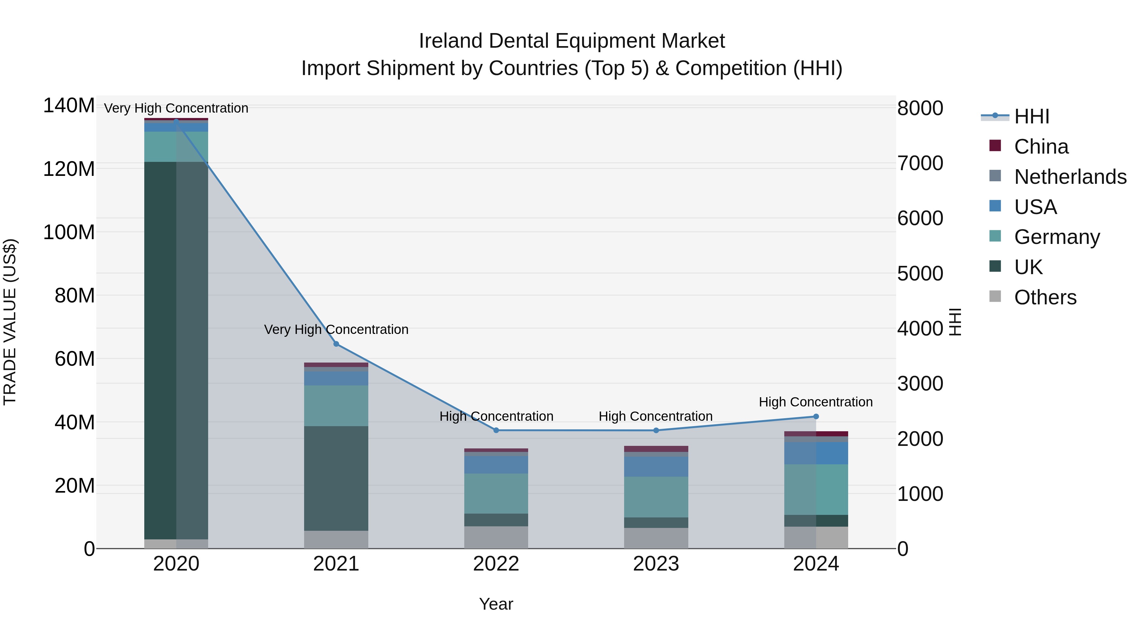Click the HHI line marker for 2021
point(336,344)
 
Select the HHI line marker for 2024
point(816,416)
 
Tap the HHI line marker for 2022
point(496,430)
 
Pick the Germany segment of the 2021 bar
point(336,405)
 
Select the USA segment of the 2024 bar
point(816,453)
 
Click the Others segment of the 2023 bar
point(656,538)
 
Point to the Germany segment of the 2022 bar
point(496,493)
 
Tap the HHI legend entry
point(1031,116)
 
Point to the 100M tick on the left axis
point(69,232)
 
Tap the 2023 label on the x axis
point(656,564)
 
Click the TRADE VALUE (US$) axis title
point(10,322)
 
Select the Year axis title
point(496,604)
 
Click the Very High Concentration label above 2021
point(336,329)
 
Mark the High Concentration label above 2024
point(816,402)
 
